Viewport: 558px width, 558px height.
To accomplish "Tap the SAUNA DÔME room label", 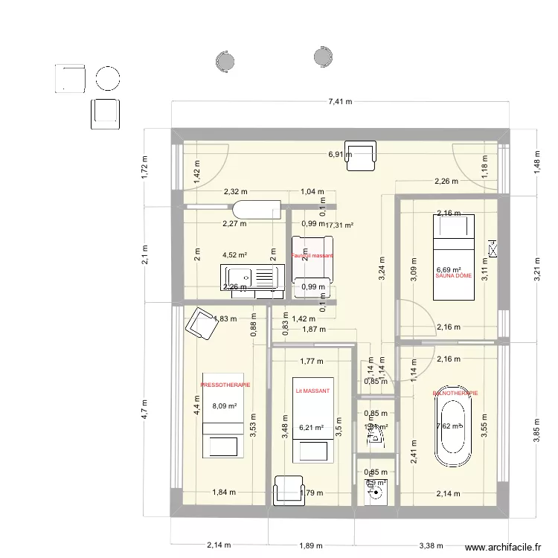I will tap(453, 276).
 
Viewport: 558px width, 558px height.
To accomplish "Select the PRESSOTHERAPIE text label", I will tap(225, 385).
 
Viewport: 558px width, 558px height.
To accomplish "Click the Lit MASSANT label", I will tap(312, 391).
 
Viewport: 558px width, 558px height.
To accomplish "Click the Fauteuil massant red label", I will tap(312, 256).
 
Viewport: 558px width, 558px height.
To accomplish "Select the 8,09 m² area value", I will tap(224, 406).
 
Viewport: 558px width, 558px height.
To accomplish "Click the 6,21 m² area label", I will tap(312, 428).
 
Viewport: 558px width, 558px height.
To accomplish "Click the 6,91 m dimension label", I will tap(339, 155).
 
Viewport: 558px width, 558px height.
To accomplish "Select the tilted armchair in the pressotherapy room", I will tap(200, 323).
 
